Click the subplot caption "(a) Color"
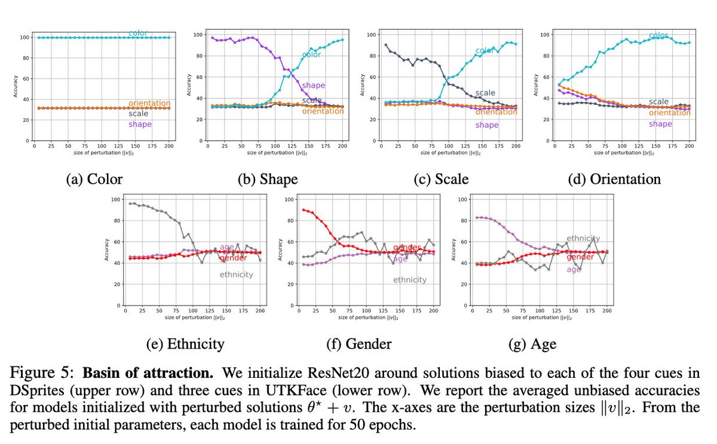pyautogui.click(x=94, y=180)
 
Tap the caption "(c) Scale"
pyautogui.click(x=441, y=180)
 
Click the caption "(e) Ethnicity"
pyautogui.click(x=185, y=344)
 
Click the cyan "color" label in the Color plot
pyautogui.click(x=139, y=33)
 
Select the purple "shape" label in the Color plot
pyautogui.click(x=140, y=124)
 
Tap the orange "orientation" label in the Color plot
pyautogui.click(x=149, y=103)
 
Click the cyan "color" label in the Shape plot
pyautogui.click(x=311, y=55)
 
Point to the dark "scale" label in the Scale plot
pyautogui.click(x=485, y=93)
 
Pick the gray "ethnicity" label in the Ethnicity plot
pyautogui.click(x=237, y=275)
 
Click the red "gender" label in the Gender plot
pyautogui.click(x=406, y=248)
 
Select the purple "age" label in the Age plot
pyautogui.click(x=574, y=269)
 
